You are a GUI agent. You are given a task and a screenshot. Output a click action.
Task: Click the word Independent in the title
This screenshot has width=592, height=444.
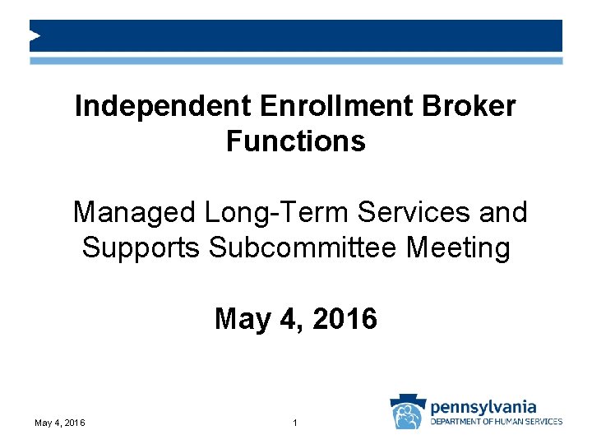[x=162, y=106]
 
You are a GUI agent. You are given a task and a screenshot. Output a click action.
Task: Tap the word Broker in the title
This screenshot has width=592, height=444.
[x=474, y=106]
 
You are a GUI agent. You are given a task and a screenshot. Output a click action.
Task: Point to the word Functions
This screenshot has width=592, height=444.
[x=295, y=141]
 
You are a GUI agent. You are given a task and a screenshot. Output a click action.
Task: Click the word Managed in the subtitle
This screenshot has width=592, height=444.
[x=133, y=212]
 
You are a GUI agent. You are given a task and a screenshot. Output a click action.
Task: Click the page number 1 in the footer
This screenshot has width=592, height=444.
[x=294, y=423]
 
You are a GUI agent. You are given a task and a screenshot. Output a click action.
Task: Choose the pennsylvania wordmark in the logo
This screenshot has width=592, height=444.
[x=483, y=407]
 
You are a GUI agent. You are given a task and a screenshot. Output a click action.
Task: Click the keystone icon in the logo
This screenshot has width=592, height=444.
[x=407, y=411]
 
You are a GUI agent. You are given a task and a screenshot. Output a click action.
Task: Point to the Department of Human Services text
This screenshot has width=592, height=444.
[x=497, y=422]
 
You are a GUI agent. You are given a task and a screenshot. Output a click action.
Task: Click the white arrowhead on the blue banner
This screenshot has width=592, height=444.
[x=35, y=35]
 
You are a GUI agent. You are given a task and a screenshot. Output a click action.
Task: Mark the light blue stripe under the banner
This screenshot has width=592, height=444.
[x=296, y=61]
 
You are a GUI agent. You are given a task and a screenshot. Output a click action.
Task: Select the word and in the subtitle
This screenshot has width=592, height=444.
[x=502, y=212]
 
